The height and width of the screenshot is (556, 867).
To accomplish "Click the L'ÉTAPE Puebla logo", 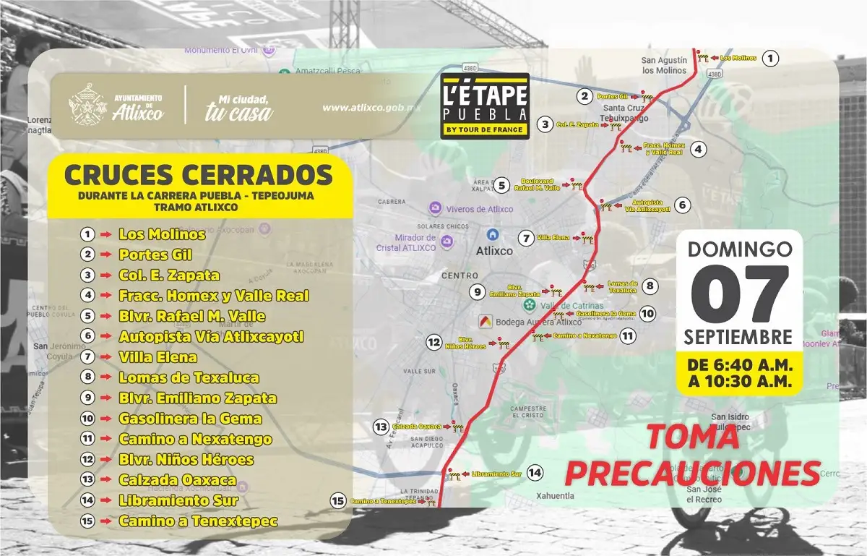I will coord(485,106).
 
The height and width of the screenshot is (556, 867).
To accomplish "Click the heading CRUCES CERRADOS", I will coord(199,174).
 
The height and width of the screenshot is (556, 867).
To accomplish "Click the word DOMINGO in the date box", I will coord(739,249).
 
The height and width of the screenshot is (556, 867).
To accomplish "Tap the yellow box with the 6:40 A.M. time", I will coord(739,372).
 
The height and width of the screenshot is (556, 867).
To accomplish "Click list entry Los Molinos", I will coord(162,234).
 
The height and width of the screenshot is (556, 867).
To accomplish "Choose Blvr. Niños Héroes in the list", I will coord(186,460).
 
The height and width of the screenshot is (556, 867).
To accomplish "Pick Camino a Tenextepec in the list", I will coord(198,521).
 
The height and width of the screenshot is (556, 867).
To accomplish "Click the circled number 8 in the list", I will coord(87,377).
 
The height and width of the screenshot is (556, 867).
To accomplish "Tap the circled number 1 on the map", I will coord(772,59).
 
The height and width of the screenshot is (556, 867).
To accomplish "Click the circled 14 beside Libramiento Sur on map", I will coord(534,473).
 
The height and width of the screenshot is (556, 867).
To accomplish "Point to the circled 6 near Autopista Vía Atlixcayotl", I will coord(684,205).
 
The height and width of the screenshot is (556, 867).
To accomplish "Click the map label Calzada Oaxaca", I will coord(415,427).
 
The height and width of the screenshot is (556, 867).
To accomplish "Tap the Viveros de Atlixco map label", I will coord(480,209).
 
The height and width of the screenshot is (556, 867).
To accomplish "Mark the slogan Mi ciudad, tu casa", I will coord(238,106).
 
